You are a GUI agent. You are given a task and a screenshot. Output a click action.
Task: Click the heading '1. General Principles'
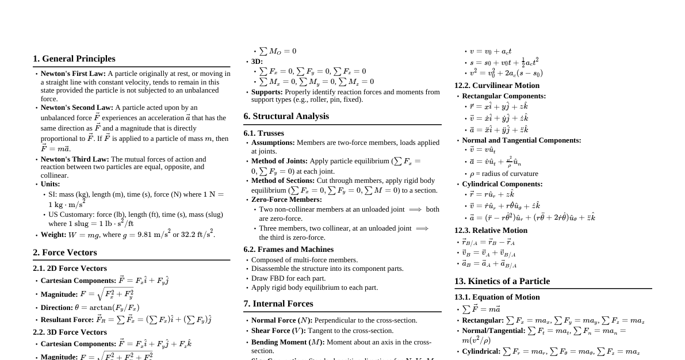pos(74,59)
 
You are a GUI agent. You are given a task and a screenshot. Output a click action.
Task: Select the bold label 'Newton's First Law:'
pos(73,74)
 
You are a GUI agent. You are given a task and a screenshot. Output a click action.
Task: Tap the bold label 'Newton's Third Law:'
pos(75,159)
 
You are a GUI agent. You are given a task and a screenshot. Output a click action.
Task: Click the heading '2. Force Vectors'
pos(65,252)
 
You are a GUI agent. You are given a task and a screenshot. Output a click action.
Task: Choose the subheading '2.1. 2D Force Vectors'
pos(70,269)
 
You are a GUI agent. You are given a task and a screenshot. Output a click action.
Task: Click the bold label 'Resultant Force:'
pos(67,320)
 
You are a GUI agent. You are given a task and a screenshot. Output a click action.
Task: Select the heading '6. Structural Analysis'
pos(286,116)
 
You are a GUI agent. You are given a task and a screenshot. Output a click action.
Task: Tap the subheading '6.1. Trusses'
pos(263,133)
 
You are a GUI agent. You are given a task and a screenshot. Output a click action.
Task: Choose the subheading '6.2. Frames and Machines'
pos(288,250)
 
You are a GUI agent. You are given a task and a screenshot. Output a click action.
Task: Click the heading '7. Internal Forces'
pos(278,304)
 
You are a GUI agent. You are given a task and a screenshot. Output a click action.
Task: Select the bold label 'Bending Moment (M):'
pos(288,342)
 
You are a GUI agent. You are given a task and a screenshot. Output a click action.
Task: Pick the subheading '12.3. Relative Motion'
pos(491,231)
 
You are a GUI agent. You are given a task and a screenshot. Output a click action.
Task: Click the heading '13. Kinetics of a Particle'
pos(502,281)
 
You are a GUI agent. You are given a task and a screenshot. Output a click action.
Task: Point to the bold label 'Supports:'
pos(267,92)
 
